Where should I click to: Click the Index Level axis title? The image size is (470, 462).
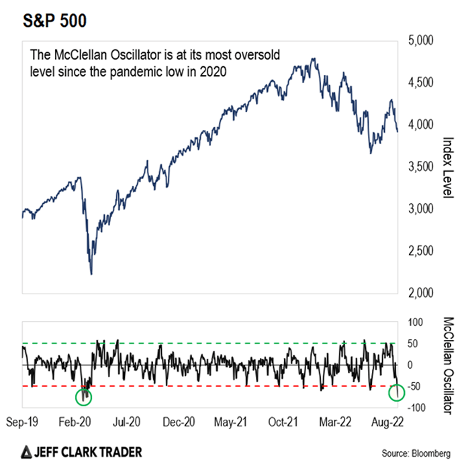point(448,167)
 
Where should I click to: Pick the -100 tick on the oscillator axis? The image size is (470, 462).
point(416,407)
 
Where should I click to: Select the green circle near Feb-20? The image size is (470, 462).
point(84,397)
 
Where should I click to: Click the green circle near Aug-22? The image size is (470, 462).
point(396,392)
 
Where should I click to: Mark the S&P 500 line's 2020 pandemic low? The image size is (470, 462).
point(91,274)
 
